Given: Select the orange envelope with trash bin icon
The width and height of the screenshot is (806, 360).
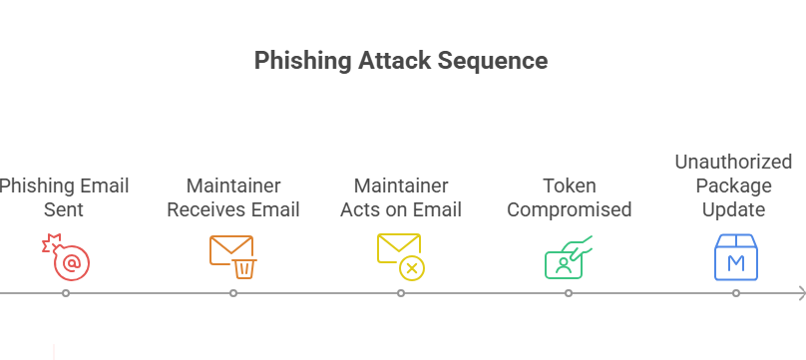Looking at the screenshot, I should point(232,256).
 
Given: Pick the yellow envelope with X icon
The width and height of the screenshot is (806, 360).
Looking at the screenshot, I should point(400,256).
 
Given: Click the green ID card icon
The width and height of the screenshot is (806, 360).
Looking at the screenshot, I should point(568,256).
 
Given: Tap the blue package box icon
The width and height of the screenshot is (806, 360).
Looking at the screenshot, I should point(736,256).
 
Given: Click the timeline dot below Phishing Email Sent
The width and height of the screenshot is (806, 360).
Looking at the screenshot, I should point(65,293).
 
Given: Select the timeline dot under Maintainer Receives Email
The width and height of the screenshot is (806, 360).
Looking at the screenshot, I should point(232,293).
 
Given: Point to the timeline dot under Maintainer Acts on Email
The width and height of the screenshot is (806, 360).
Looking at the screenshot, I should point(400,293).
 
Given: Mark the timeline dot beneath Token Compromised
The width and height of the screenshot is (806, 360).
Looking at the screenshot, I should point(568,293).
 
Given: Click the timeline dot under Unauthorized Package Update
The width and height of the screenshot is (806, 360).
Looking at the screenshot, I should point(736,293).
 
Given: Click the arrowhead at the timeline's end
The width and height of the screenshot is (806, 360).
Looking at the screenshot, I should point(800,293).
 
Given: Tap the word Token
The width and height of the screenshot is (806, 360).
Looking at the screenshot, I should point(569,185).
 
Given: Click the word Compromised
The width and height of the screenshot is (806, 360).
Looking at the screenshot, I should point(569,209).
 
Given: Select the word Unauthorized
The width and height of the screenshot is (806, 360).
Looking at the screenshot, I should point(733,162).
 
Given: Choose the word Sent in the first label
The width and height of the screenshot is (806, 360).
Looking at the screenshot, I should point(63,209).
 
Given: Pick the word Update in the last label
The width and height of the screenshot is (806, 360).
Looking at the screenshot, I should point(733,209).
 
